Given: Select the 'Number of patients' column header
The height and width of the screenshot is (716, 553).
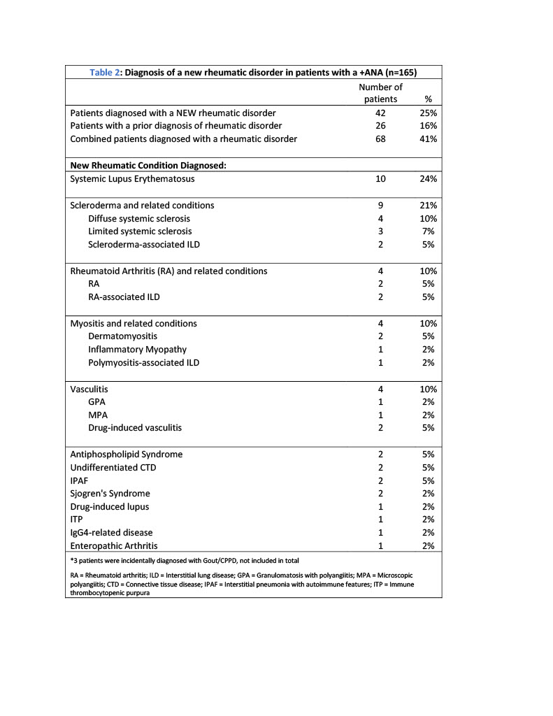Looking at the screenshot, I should tap(380, 93).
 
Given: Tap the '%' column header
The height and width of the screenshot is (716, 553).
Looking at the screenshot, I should tap(429, 99).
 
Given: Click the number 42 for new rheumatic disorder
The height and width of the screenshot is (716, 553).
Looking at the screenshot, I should tap(381, 113).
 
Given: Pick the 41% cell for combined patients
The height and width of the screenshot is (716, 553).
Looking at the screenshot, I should tap(429, 138).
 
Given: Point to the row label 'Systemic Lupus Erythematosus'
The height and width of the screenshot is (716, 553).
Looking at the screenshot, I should tap(131, 178).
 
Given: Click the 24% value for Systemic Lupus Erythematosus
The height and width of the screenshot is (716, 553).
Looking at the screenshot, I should tap(429, 178).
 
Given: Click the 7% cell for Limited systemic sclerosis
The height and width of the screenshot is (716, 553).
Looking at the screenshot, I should tap(429, 231).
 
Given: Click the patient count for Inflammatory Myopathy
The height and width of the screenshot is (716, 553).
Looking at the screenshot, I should tap(381, 349).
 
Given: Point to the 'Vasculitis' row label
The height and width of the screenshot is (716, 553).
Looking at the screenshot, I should tap(89, 389).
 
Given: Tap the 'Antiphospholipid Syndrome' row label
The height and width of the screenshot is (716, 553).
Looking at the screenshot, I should tap(127, 454).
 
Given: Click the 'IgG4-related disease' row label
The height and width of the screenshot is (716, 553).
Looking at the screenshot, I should tap(112, 533).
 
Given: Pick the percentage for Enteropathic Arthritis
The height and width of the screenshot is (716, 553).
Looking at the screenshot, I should tap(429, 545).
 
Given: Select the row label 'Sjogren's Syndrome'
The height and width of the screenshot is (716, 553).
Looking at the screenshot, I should tap(110, 494).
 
